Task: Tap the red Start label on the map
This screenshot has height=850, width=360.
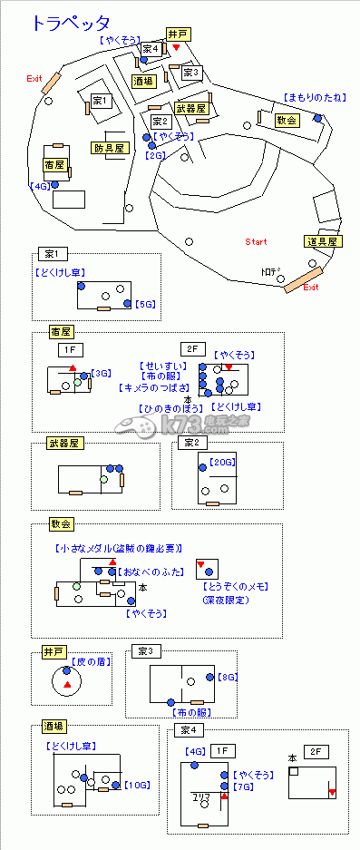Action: (257, 242)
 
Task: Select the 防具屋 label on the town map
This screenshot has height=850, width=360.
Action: (110, 148)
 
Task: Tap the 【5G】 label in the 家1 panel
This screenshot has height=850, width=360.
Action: (145, 304)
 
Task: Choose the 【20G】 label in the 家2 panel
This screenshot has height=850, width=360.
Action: (221, 462)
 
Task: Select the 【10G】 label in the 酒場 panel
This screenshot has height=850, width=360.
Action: (137, 785)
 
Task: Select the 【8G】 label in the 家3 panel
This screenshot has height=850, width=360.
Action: (229, 677)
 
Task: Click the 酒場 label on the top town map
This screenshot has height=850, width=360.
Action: (143, 82)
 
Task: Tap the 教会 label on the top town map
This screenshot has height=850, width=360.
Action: (286, 120)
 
